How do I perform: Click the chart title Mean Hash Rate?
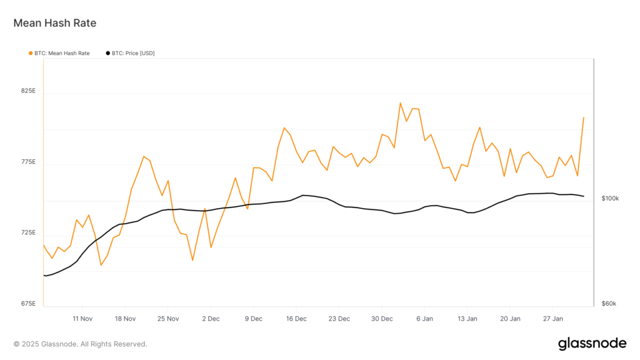[x=55, y=23]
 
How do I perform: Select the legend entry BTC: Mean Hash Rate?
[x=62, y=53]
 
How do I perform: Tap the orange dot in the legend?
[x=31, y=53]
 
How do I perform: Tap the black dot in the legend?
[x=108, y=53]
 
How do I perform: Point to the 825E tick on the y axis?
[x=29, y=91]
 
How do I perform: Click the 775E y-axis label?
[x=29, y=162]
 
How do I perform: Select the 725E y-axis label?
[x=29, y=233]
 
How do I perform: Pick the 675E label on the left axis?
[x=29, y=304]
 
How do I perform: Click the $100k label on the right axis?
[x=610, y=199]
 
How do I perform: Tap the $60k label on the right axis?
[x=609, y=304]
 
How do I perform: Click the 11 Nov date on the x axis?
[x=82, y=319]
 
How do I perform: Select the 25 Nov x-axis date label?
[x=168, y=319]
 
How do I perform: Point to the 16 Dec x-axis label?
[x=296, y=319]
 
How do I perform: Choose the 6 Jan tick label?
[x=425, y=319]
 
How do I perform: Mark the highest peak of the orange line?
[x=400, y=103]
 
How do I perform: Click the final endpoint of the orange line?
[x=584, y=117]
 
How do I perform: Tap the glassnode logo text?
[x=592, y=344]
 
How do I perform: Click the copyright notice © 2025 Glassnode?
[x=80, y=344]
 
